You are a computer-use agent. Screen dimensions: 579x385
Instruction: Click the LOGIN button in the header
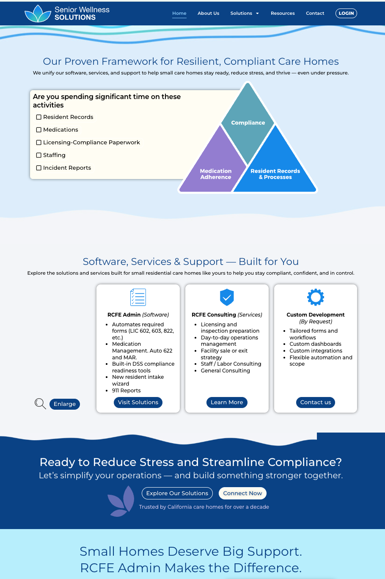346,14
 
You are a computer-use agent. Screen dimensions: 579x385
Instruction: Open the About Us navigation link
208,14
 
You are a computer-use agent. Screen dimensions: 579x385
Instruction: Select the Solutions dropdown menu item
244,14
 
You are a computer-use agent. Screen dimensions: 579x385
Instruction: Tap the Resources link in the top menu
283,14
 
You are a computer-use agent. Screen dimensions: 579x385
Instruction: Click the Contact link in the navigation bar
315,14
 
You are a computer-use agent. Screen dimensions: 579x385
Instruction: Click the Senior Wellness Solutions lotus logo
38,14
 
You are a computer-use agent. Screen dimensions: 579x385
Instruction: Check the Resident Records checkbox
39,117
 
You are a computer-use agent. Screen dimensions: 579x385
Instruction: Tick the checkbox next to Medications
39,130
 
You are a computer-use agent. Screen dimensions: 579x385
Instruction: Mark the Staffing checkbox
39,155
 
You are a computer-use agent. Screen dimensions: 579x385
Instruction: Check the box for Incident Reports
39,168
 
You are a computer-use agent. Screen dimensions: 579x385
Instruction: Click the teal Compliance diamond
248,122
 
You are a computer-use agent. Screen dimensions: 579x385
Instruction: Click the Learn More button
227,403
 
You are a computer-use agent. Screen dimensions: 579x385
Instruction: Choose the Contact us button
316,403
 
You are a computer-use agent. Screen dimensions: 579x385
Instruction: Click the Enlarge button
65,404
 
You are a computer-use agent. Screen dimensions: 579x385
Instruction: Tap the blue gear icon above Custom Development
316,297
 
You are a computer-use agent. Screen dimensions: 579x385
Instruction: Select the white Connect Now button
242,494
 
